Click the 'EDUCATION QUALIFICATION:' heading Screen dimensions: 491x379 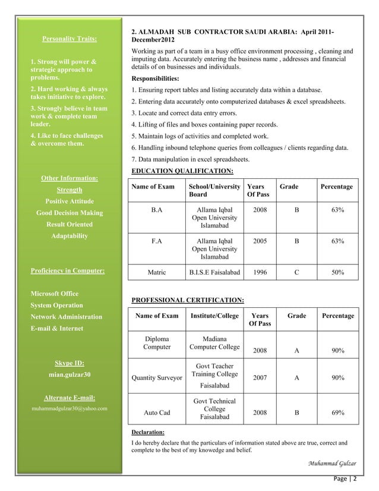pos(182,171)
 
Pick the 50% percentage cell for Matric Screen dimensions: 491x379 pos(337,272)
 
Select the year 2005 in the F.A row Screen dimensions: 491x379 pos(260,242)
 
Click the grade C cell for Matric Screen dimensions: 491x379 pos(297,272)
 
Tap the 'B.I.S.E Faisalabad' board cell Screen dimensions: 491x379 pos(214,272)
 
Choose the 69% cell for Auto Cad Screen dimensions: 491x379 pos(337,411)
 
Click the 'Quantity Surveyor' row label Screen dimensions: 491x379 pos(157,377)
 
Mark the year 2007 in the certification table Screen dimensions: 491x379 pos(260,377)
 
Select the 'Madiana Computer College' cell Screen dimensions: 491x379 pos(214,343)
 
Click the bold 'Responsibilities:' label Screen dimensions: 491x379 pos(155,78)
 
